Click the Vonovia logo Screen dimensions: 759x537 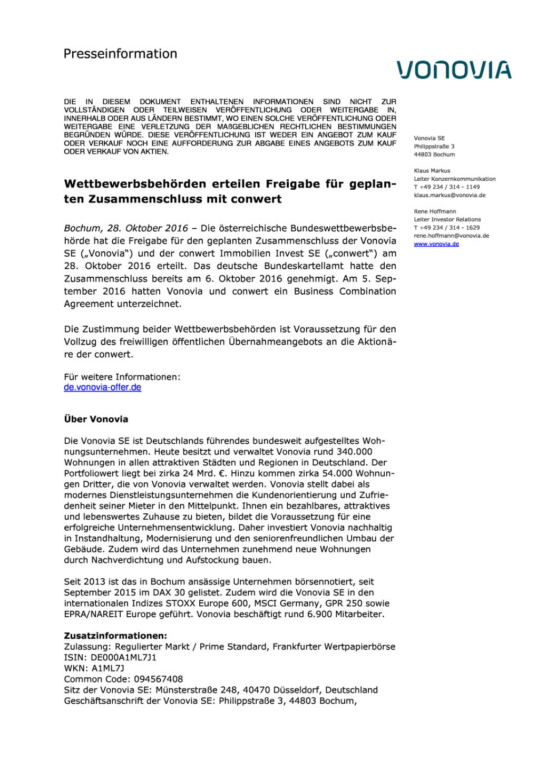[x=454, y=70]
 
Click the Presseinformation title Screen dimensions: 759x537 [x=120, y=54]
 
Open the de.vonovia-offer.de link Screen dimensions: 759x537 [x=102, y=387]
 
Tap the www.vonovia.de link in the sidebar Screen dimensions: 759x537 [x=436, y=244]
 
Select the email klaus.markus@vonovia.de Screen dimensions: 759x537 [x=450, y=195]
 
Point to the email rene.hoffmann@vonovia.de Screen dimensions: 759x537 [x=451, y=236]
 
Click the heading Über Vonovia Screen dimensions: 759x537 [x=96, y=419]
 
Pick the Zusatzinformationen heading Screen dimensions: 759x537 [x=115, y=636]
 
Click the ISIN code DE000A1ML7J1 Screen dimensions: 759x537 [x=123, y=657]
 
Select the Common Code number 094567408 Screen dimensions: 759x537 [x=158, y=679]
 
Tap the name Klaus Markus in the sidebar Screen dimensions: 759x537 [x=432, y=171]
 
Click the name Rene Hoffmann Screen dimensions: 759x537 [x=435, y=211]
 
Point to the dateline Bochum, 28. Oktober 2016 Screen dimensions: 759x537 [x=126, y=228]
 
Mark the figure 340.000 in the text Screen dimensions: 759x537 [x=354, y=452]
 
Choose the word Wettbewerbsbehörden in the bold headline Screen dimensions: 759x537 [x=135, y=184]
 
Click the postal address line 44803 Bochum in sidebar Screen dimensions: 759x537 [x=434, y=154]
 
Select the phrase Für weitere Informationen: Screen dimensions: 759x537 [x=122, y=377]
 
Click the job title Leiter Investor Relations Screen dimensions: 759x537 [x=447, y=219]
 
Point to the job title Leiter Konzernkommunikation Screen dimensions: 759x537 [x=454, y=179]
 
